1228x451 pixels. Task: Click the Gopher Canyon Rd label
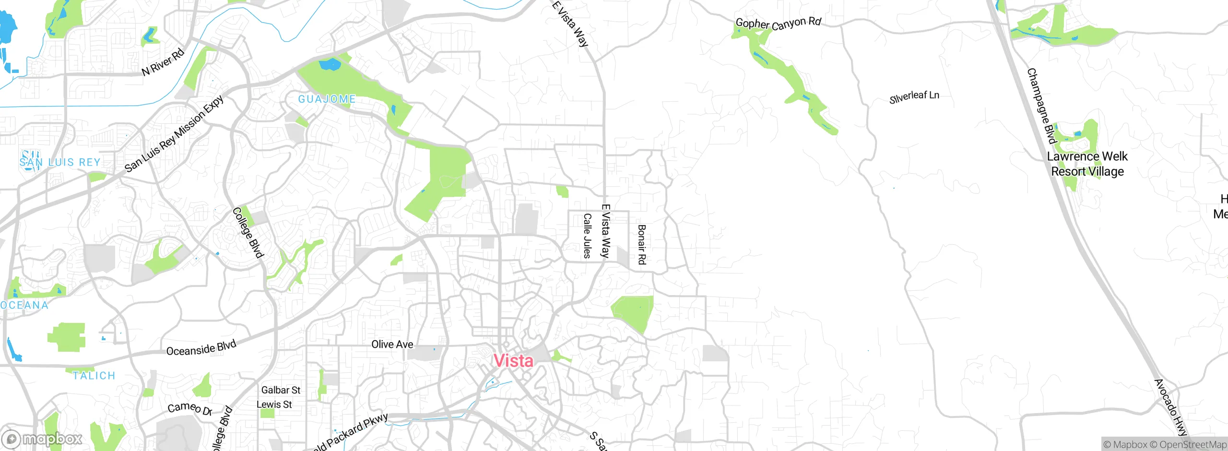pyautogui.click(x=778, y=23)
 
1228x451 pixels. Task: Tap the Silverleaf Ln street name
pyautogui.click(x=914, y=96)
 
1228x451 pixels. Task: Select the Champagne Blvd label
pyautogui.click(x=1041, y=106)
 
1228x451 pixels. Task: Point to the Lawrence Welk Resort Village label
pyautogui.click(x=1087, y=164)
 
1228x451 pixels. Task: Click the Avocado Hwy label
pyautogui.click(x=1170, y=407)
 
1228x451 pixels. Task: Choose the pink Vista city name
pyautogui.click(x=513, y=361)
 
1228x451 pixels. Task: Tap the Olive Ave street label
pyautogui.click(x=392, y=344)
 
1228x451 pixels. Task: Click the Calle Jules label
pyautogui.click(x=587, y=236)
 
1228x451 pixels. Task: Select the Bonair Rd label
pyautogui.click(x=642, y=245)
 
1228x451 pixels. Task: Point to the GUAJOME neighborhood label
pyautogui.click(x=327, y=99)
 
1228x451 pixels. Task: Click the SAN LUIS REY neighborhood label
pyautogui.click(x=60, y=162)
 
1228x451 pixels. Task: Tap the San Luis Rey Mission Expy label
pyautogui.click(x=174, y=134)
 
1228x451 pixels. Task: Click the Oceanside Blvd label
pyautogui.click(x=201, y=348)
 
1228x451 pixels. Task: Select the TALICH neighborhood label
pyautogui.click(x=94, y=376)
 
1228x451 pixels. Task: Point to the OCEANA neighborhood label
pyautogui.click(x=24, y=305)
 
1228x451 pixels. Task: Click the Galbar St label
pyautogui.click(x=281, y=390)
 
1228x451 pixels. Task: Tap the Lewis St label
pyautogui.click(x=274, y=404)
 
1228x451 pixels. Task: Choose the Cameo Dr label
pyautogui.click(x=190, y=408)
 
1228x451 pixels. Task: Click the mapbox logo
pyautogui.click(x=42, y=439)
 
